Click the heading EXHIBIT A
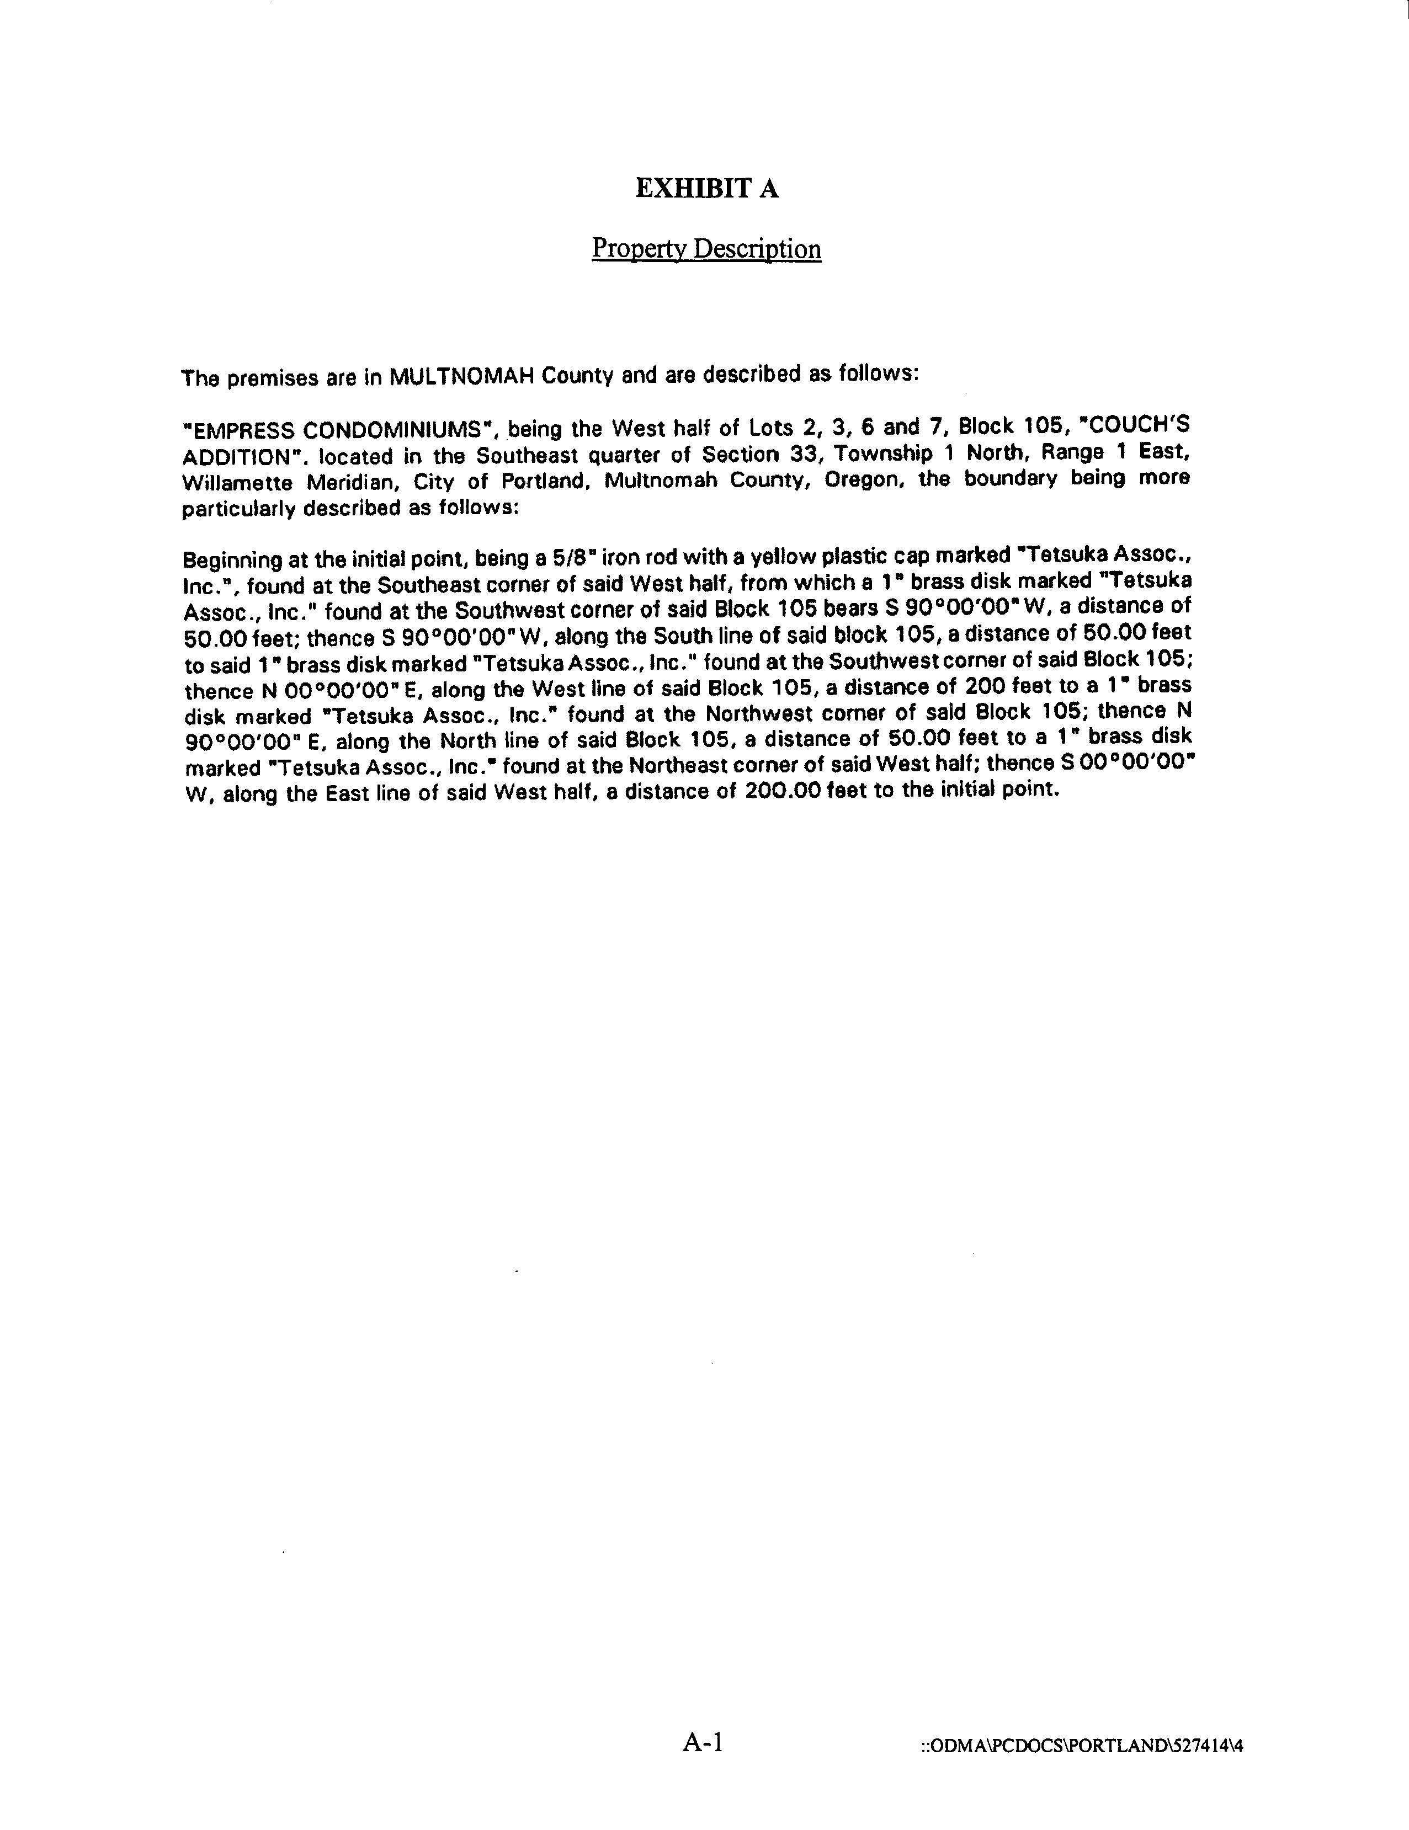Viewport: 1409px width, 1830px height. [x=706, y=189]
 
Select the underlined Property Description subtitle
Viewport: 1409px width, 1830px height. [x=706, y=249]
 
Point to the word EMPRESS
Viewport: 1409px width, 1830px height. [x=241, y=431]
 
